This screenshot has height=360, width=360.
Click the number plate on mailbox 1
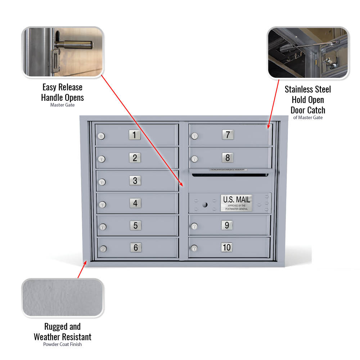(134, 135)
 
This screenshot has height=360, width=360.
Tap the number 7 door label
(228, 135)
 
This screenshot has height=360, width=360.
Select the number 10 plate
(227, 247)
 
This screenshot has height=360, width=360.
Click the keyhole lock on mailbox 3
(102, 182)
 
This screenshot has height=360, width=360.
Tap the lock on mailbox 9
(194, 226)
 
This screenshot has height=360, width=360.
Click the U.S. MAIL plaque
(237, 203)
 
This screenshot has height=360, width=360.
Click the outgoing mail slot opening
(230, 175)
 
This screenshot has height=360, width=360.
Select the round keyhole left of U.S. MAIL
(204, 205)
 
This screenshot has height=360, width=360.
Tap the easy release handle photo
(63, 52)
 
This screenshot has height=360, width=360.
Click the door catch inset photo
(308, 53)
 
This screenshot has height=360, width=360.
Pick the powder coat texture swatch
(63, 298)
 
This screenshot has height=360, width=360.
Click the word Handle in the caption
(53, 98)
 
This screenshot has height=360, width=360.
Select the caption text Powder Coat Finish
(63, 345)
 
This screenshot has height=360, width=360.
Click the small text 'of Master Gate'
(308, 118)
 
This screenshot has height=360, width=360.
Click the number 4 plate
(135, 203)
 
